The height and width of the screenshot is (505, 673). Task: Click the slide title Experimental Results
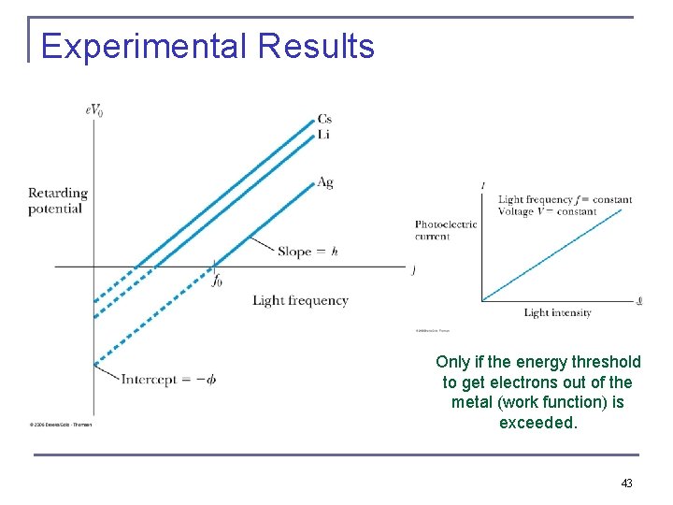click(208, 46)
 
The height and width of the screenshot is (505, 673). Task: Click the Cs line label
click(324, 119)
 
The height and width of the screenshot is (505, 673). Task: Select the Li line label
click(323, 134)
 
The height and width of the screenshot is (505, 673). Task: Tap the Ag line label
click(324, 182)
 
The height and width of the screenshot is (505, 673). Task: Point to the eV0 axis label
click(93, 109)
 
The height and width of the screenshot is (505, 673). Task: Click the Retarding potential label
click(57, 200)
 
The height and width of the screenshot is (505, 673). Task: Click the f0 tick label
click(217, 280)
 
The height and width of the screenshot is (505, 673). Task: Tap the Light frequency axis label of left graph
click(300, 300)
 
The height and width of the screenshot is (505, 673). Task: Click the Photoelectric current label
click(446, 230)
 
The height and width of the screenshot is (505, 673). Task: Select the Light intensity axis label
click(557, 312)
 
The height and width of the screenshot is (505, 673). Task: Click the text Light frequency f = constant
click(565, 199)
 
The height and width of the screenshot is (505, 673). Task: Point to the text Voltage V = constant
click(547, 211)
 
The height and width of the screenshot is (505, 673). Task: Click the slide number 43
click(626, 483)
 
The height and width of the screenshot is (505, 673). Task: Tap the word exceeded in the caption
click(538, 423)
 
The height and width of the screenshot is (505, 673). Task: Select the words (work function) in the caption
click(551, 402)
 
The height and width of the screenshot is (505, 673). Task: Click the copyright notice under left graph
click(62, 424)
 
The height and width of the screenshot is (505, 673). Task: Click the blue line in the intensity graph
click(551, 254)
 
